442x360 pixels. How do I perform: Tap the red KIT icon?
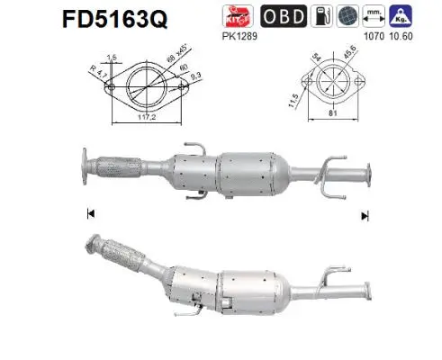238,16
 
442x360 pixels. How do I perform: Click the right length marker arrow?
365,215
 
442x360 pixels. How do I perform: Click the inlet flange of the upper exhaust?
86,167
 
